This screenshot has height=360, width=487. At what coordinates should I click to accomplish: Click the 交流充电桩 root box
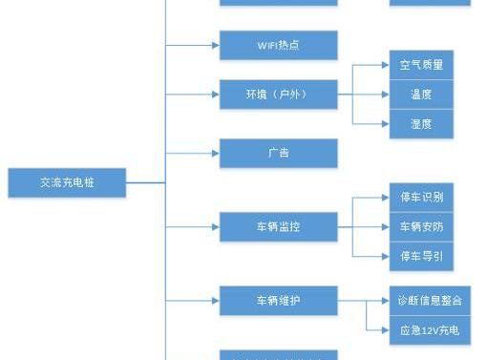click(x=67, y=182)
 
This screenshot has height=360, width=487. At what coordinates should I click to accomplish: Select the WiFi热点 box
click(x=279, y=45)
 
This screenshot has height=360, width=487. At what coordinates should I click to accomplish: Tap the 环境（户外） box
click(x=279, y=95)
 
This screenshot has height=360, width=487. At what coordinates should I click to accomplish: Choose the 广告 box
click(x=279, y=153)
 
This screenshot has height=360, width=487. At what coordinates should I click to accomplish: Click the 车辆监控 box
click(x=279, y=226)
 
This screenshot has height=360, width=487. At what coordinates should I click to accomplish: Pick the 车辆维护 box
click(x=279, y=300)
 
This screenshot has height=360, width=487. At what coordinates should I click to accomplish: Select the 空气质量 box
click(x=421, y=65)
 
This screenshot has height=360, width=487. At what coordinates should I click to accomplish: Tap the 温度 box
click(x=421, y=95)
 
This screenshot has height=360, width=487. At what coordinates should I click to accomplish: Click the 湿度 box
click(x=421, y=123)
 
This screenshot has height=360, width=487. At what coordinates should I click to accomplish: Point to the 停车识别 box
click(x=421, y=198)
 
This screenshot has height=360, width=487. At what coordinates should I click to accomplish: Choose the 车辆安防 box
click(x=421, y=226)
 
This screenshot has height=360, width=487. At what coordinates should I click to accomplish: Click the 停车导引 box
click(x=421, y=256)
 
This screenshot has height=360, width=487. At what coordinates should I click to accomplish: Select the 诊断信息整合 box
click(x=430, y=300)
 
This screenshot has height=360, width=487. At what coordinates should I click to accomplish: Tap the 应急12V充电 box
click(x=430, y=330)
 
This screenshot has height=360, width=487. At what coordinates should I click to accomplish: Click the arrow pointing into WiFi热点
click(x=214, y=45)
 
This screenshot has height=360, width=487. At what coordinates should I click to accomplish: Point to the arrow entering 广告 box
click(x=214, y=153)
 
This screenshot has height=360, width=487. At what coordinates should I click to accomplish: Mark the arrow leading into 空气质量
click(x=384, y=65)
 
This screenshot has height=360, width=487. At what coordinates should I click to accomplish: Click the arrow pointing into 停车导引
click(x=384, y=256)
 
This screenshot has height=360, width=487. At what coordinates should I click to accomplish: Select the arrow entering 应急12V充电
click(x=384, y=330)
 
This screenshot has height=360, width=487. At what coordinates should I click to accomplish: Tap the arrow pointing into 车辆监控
click(x=214, y=226)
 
